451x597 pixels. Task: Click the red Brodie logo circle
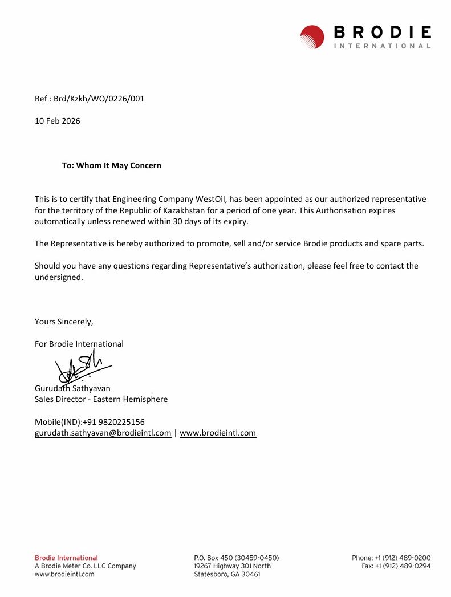pyautogui.click(x=312, y=36)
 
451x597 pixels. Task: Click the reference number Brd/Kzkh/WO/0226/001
pyautogui.click(x=99, y=99)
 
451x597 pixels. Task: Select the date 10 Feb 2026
pyautogui.click(x=58, y=121)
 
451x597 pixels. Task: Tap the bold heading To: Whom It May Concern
pyautogui.click(x=112, y=165)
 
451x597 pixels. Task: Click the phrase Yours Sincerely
pyautogui.click(x=64, y=322)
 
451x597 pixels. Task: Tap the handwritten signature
pyautogui.click(x=83, y=367)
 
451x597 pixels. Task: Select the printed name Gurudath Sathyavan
pyautogui.click(x=72, y=388)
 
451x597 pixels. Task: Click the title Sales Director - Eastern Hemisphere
pyautogui.click(x=101, y=399)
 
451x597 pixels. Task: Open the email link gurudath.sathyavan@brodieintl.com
pyautogui.click(x=103, y=433)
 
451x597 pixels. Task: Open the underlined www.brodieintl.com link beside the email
pyautogui.click(x=218, y=433)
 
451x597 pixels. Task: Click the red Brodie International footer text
pyautogui.click(x=66, y=558)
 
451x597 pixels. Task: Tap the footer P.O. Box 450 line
pyautogui.click(x=237, y=558)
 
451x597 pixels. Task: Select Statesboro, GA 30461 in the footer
pyautogui.click(x=227, y=574)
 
